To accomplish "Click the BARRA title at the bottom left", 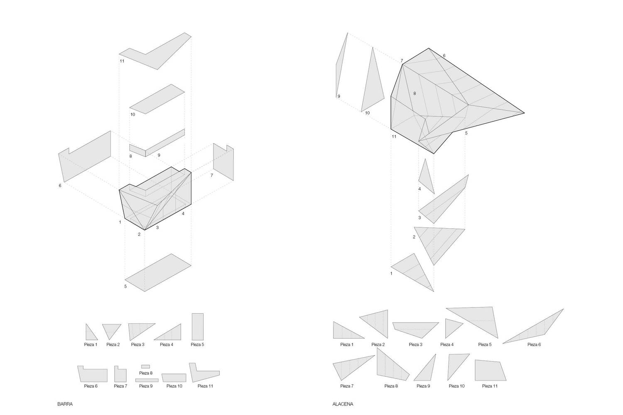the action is coord(65,404).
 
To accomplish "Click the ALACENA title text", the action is coord(343,404).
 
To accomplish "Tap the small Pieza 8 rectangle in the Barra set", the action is coord(145,366).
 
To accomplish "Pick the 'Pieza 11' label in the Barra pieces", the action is coord(205,386).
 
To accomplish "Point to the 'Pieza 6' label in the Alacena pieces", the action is coord(534,344).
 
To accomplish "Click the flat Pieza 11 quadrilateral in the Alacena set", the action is coord(490,370).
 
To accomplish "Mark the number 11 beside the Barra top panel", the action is coord(122,61).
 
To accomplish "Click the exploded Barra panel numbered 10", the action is coord(157,99).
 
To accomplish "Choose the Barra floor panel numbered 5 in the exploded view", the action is coord(158,272).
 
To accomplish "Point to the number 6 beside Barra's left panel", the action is coord(60,186).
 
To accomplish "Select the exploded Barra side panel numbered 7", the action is coord(223,162).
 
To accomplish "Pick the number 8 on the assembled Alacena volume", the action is coord(415,93).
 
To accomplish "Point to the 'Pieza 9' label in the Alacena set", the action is coord(423,386).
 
